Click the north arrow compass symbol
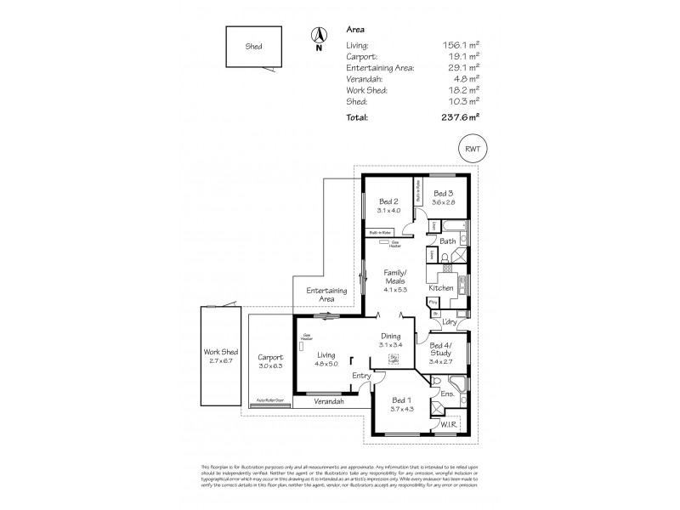[319, 37]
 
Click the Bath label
[447, 241]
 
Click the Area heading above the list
[357, 28]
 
